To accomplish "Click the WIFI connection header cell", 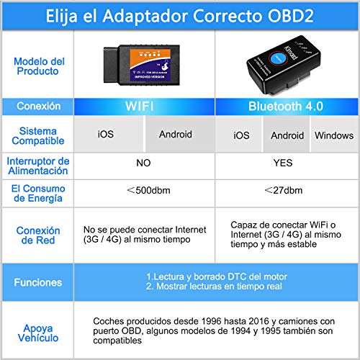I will click(x=145, y=107).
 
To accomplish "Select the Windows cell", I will click(x=333, y=135).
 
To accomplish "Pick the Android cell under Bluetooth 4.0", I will click(x=287, y=135).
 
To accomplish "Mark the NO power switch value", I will click(x=143, y=163).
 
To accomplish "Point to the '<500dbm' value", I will click(x=144, y=191).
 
